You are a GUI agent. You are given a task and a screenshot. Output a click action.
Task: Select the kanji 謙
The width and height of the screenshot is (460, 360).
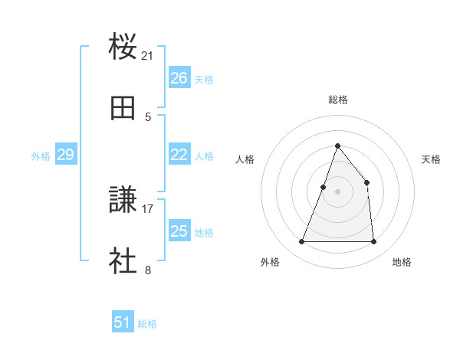pyautogui.click(x=123, y=200)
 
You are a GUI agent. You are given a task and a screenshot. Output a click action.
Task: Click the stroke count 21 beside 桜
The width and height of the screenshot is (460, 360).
pyautogui.click(x=148, y=56)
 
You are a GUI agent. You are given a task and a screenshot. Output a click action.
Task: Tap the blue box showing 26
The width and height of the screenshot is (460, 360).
pyautogui.click(x=179, y=78)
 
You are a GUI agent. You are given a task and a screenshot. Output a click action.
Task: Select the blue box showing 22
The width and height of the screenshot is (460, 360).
pyautogui.click(x=179, y=155)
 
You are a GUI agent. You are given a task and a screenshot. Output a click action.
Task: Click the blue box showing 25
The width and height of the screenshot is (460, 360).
pyautogui.click(x=179, y=231)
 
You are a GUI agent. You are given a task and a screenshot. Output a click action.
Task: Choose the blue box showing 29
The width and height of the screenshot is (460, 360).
pyautogui.click(x=65, y=155)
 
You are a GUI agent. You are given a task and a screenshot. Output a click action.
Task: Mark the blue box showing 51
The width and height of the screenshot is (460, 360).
pyautogui.click(x=123, y=322)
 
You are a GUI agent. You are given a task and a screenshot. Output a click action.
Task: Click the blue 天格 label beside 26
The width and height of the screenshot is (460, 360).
pyautogui.click(x=204, y=79)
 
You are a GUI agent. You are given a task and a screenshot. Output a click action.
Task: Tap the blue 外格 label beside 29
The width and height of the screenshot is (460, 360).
pyautogui.click(x=41, y=155)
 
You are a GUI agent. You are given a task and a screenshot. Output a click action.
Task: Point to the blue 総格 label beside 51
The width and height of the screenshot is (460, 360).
pyautogui.click(x=147, y=323)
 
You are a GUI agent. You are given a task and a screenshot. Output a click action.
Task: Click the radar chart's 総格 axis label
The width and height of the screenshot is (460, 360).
pyautogui.click(x=338, y=100)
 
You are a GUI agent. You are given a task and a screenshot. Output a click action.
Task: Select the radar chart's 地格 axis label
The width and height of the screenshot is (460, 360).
pyautogui.click(x=402, y=262)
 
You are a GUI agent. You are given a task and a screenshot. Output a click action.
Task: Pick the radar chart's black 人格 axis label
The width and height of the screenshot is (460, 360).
pyautogui.click(x=245, y=159)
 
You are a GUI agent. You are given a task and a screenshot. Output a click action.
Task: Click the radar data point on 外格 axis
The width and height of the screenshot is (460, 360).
pyautogui.click(x=301, y=242)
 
